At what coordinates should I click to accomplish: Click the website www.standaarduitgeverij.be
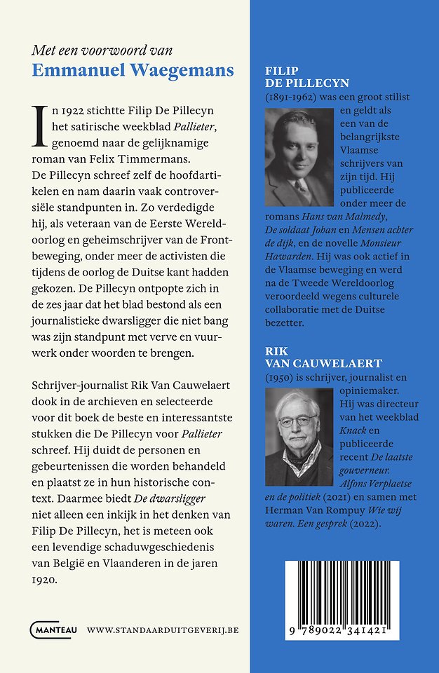point(163,630)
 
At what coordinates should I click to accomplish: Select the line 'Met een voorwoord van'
point(102,50)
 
